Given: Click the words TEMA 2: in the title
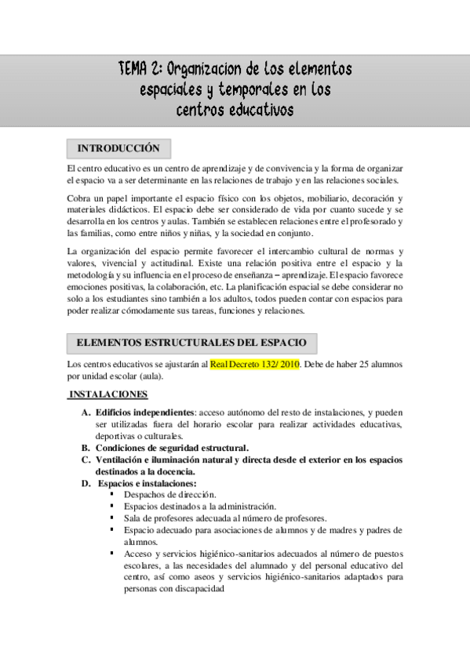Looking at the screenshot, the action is (140, 69).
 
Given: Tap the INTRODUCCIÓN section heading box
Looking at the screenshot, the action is (119, 148).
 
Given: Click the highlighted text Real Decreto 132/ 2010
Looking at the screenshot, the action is (255, 365).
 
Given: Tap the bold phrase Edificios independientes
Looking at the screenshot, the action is (144, 412).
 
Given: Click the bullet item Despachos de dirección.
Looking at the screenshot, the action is (168, 496).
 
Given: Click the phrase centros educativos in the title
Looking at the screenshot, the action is (235, 110).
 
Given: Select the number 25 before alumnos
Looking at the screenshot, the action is (352, 365).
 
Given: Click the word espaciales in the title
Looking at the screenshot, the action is (171, 89).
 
